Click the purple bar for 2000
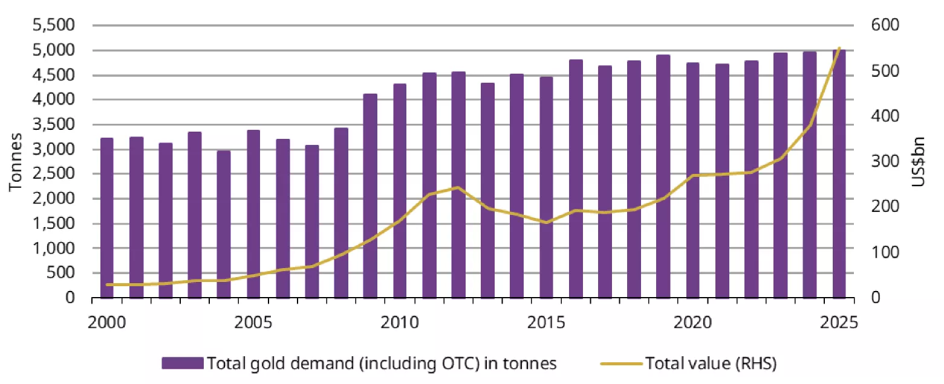(107, 218)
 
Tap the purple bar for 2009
(370, 196)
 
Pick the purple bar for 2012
(458, 185)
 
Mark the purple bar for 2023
(780, 175)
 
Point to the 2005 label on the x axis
(253, 322)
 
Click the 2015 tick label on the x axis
(545, 322)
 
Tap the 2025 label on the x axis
(838, 322)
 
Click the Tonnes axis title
(16, 162)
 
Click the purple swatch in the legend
(182, 363)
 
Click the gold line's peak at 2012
(458, 188)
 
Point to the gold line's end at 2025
(839, 48)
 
